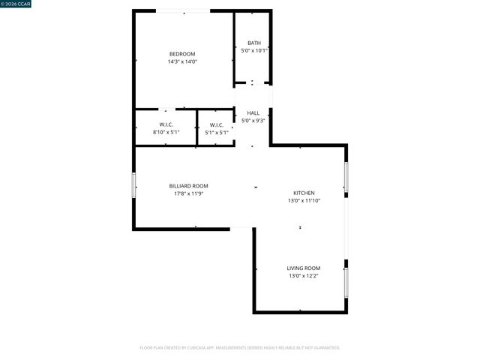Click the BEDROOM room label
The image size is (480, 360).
182,53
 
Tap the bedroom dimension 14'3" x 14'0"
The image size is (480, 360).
182,61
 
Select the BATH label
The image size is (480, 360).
254,43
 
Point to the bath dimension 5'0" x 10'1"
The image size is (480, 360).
254,51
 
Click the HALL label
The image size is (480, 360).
253,112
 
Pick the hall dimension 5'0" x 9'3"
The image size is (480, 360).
253,120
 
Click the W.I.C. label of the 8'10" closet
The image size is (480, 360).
166,124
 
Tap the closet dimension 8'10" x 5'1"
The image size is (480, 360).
166,132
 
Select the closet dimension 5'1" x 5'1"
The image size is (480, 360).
216,132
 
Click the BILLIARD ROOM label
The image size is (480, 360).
188,185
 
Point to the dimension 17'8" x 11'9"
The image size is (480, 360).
188,193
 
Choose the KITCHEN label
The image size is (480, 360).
304,193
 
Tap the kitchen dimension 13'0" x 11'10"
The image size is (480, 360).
304,201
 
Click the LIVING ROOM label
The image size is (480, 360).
304,268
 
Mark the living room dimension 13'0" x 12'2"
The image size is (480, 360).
304,276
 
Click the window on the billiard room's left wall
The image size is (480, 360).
134,185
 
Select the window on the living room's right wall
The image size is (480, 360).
346,283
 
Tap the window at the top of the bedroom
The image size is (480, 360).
183,10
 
